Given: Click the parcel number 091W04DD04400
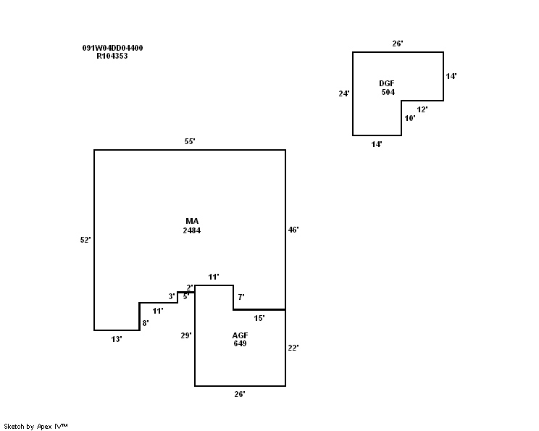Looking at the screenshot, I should click(x=112, y=48).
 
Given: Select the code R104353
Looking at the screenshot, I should click(x=112, y=56).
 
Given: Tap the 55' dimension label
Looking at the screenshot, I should click(x=190, y=142).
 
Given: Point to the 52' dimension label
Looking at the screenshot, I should click(x=85, y=240).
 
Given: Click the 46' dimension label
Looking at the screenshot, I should click(x=293, y=230).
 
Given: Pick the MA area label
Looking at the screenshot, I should click(x=192, y=221).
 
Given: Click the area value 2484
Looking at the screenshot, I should click(x=192, y=230).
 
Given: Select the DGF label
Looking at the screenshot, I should click(x=388, y=83).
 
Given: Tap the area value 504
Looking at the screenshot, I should click(x=388, y=92).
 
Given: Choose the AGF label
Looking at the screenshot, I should click(x=240, y=335).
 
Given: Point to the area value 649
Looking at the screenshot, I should click(x=240, y=343).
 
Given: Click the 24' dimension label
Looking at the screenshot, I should click(x=344, y=93).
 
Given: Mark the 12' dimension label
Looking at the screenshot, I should click(x=422, y=109).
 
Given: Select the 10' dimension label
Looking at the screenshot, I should click(x=410, y=118).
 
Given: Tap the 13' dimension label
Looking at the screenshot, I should click(x=116, y=339).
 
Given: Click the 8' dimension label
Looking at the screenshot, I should click(x=146, y=323).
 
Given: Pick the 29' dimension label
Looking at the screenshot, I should click(x=186, y=335).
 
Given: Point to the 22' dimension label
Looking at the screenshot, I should click(x=293, y=348).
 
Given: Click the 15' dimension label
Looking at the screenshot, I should click(x=259, y=318).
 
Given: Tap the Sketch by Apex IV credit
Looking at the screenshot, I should click(x=36, y=426).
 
